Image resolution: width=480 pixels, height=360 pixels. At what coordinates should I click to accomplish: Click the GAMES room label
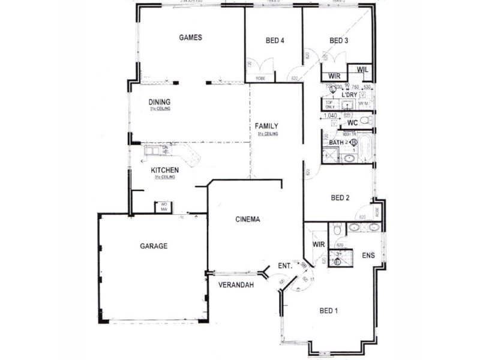coord(190,37)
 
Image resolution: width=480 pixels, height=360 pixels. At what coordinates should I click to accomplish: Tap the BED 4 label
coord(274,41)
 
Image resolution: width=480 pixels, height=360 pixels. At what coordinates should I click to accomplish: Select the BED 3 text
coord(338,41)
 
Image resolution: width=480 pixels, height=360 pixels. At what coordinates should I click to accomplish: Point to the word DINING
coord(160,101)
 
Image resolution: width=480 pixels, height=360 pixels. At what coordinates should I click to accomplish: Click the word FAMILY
coord(266,126)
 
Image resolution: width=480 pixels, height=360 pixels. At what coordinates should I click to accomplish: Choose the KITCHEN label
coord(164,170)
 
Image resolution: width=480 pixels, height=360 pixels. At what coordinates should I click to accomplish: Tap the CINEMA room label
coord(248,220)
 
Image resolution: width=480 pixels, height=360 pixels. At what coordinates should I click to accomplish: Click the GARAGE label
coord(154,246)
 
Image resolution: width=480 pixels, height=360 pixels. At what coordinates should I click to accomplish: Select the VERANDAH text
coord(234,284)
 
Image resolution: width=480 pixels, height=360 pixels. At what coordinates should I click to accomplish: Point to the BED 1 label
coord(329,311)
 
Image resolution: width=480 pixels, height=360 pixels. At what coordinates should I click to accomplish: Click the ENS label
coord(368,256)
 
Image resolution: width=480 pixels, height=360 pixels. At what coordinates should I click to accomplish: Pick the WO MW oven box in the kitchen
coord(163,207)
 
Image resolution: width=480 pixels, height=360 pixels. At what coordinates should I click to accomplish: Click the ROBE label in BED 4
coord(260,79)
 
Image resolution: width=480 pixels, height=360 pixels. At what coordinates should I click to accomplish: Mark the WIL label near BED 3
coord(361,70)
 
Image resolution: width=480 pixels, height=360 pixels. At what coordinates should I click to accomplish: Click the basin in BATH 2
coord(349,158)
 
